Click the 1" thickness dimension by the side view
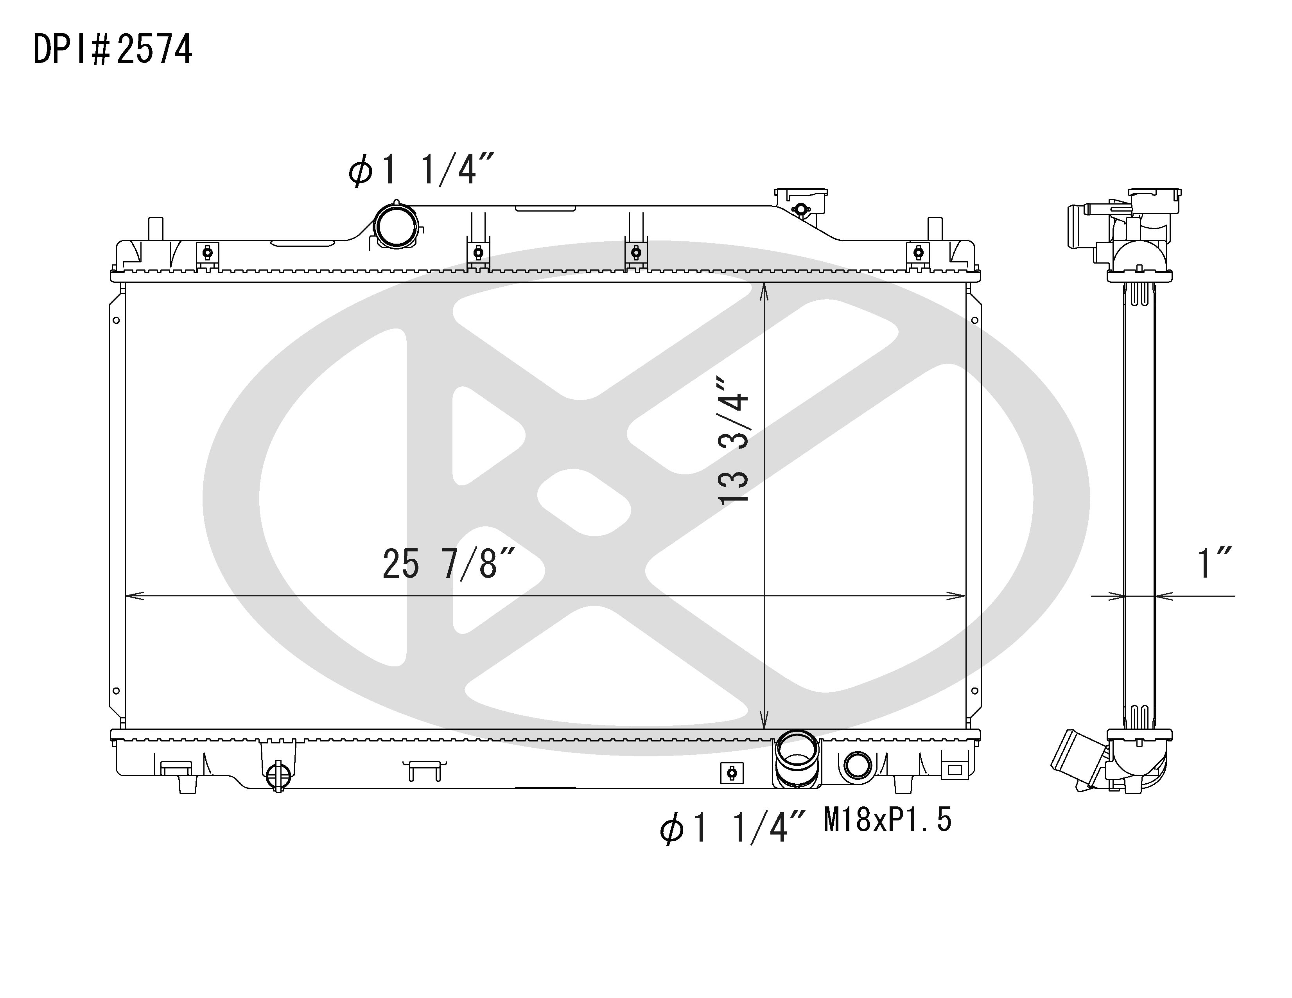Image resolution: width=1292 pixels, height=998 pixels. (1214, 564)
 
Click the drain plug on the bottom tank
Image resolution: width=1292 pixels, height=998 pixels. (278, 775)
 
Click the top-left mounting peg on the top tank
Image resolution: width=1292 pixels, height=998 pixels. (154, 228)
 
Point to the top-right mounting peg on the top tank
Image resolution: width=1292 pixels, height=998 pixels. (935, 228)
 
